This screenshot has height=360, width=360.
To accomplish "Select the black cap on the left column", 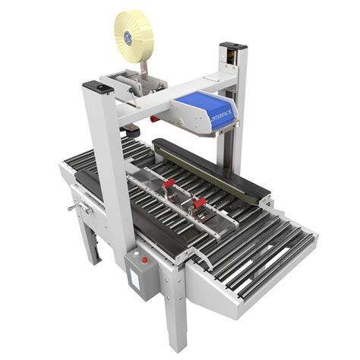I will (x=101, y=88).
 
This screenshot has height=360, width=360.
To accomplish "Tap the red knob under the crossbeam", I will (x=154, y=118).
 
